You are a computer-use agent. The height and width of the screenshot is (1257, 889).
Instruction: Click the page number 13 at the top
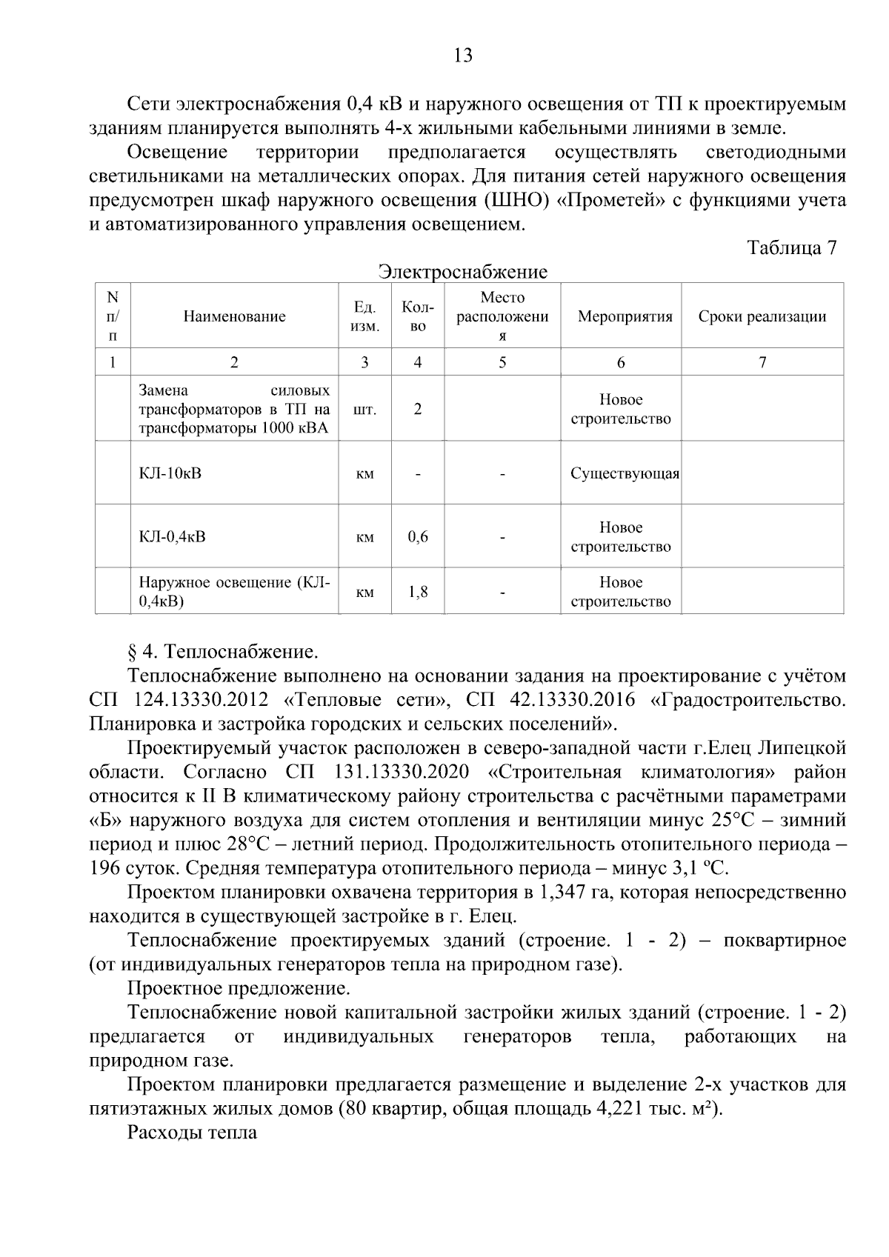462,56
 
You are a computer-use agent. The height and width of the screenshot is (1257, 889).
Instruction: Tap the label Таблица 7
791,247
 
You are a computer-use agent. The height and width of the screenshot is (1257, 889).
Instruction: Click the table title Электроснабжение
462,272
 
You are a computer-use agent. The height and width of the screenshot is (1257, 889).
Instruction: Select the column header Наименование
234,317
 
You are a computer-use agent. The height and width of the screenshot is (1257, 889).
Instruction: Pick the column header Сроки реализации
762,317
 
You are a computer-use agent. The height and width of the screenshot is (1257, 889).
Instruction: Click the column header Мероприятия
625,317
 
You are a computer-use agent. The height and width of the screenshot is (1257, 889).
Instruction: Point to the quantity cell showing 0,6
418,536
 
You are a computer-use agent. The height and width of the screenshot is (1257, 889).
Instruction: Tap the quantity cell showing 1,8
418,591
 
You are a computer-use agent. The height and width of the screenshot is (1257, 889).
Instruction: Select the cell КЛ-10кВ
170,473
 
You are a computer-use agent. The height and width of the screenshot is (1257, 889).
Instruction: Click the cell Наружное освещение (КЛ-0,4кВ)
234,591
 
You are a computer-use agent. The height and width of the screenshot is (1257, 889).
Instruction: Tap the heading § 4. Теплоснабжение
222,652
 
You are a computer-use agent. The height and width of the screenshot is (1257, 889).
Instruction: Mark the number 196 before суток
104,868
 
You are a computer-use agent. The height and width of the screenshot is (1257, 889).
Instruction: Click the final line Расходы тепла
192,1133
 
